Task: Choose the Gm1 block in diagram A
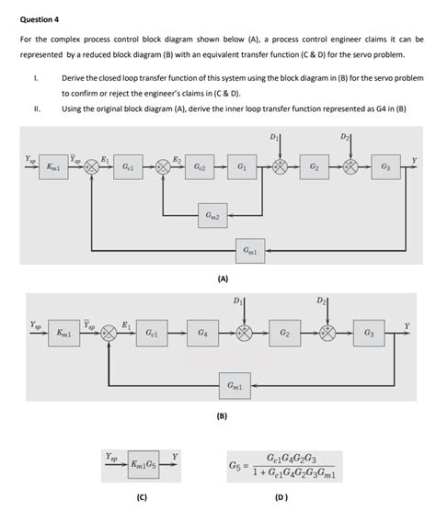coord(249,250)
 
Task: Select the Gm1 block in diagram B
coord(235,387)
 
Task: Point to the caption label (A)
coord(223,277)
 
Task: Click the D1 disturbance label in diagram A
coord(274,138)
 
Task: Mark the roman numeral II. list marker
coord(36,108)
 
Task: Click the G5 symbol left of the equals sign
coord(235,466)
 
